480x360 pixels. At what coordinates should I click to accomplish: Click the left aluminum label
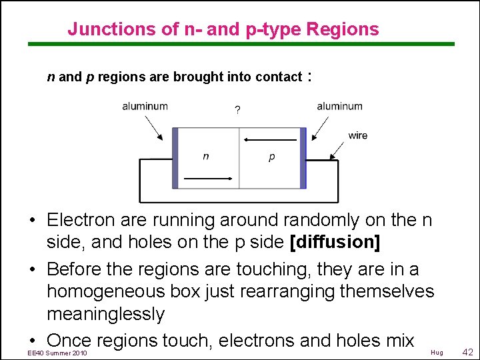click(145, 106)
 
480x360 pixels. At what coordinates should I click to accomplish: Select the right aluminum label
click(339, 106)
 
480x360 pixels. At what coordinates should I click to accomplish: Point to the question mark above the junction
click(238, 110)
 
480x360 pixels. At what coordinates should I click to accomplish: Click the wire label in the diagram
click(358, 135)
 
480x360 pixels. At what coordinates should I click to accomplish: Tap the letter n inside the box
click(206, 156)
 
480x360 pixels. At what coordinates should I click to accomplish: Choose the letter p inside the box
click(271, 157)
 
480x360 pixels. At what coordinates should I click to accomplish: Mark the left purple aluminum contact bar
click(175, 158)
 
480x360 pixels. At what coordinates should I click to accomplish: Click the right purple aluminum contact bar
click(303, 158)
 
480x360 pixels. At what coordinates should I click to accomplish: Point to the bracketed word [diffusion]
click(336, 242)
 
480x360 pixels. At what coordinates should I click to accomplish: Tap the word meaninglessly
click(105, 314)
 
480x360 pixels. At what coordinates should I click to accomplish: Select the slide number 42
click(467, 351)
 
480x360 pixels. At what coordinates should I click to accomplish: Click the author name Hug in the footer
click(437, 352)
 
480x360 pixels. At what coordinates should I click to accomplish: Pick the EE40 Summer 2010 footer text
click(58, 352)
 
